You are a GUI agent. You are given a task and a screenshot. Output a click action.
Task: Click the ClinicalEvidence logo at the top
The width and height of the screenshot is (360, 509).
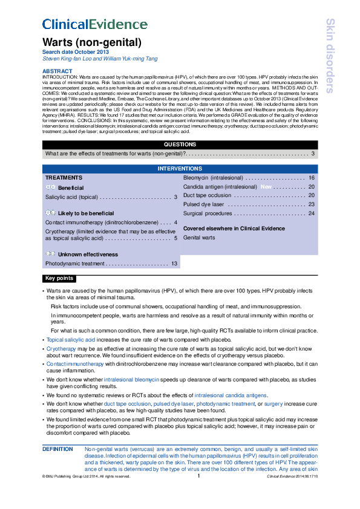[99, 24]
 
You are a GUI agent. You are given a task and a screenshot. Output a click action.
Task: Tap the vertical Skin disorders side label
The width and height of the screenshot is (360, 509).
[330, 56]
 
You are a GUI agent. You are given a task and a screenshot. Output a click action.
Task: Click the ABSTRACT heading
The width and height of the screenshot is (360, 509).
[57, 71]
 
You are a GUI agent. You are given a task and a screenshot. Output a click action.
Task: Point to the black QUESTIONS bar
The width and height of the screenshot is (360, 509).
[180, 144]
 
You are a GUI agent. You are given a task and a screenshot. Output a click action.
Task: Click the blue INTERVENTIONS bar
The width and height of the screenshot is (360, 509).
[180, 168]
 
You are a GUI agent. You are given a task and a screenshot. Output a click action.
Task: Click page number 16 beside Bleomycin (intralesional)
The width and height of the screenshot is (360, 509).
[312, 178]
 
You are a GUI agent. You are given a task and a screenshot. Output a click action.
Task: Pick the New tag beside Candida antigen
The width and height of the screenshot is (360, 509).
[266, 187]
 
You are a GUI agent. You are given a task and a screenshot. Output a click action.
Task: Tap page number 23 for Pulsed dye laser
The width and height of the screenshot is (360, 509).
[312, 204]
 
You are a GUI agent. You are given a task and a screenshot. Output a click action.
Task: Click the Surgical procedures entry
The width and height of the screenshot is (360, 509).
[208, 213]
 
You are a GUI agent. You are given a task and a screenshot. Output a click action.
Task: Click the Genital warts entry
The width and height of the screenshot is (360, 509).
[199, 238]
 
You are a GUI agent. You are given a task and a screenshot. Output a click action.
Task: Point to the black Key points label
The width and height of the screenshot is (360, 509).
[59, 279]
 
